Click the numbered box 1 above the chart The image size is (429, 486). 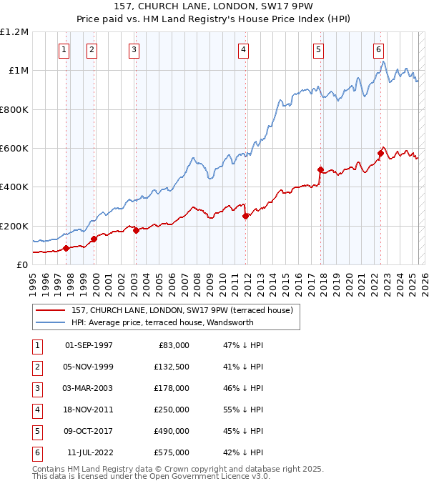pos(64,49)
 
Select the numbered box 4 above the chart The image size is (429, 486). pos(244,49)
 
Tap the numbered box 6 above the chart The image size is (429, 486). pos(378,49)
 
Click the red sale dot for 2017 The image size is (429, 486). pos(320,169)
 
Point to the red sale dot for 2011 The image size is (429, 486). pos(245,216)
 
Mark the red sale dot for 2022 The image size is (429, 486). pos(381,152)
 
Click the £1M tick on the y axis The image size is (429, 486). pos(16,71)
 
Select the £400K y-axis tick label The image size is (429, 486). pos(14,187)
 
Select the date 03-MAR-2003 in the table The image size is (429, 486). pos(89,388)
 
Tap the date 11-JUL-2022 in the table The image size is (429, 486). pos(89,453)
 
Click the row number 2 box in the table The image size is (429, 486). pos(36,367)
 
